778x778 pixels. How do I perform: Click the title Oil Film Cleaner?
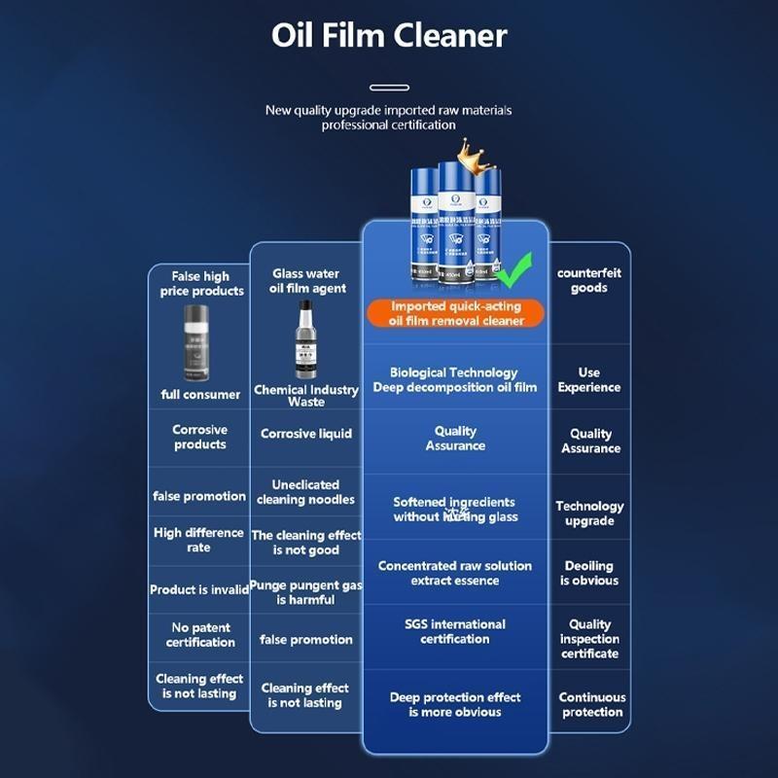389,36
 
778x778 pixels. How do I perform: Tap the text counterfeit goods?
589,280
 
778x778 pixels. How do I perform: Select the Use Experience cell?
589,379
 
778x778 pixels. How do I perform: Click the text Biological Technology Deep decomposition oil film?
455,379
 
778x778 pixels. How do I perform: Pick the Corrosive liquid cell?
306,434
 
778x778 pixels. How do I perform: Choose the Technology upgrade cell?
589,513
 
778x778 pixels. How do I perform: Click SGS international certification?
455,631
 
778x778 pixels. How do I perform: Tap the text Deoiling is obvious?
589,573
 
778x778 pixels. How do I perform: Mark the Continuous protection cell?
592,704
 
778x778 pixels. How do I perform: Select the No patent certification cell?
200,635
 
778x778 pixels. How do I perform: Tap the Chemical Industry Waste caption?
306,395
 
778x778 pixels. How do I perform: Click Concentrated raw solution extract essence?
455,573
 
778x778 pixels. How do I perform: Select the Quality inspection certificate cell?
589,639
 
